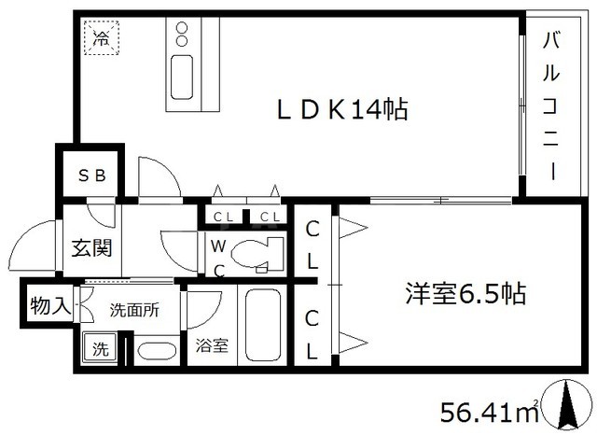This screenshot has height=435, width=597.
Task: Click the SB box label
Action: pos(90,175)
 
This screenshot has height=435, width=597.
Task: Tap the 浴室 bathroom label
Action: pos(211,345)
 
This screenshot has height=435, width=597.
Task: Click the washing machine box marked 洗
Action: pos(98,349)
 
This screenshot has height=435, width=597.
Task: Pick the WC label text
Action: pos(216,257)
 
